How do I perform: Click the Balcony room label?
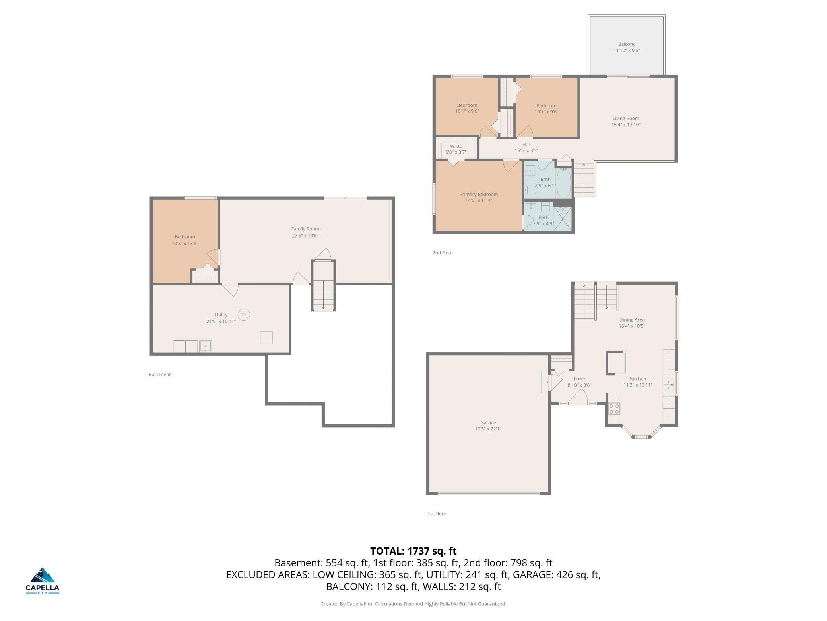coord(627,44)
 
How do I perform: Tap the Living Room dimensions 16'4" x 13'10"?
coord(626,125)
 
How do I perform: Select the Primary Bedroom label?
coord(479,194)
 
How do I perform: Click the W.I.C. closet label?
coord(456,146)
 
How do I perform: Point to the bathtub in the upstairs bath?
coord(564,183)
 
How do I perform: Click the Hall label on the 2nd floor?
coord(526,145)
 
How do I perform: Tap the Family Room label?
coord(305,229)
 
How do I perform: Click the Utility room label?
coord(221,315)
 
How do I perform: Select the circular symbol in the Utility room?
coord(244,315)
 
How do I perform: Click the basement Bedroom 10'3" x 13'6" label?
coord(185,240)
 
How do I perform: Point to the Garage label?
coord(488,422)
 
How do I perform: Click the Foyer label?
coord(579,379)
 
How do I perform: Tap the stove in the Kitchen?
coord(614,409)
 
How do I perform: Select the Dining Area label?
coord(632,320)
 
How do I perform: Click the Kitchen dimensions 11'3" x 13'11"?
coord(638,385)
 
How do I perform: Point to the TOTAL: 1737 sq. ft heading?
coord(413,551)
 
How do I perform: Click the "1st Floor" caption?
coord(437,514)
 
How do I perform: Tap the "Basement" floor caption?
coord(160,375)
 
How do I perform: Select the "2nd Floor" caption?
coord(443,253)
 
